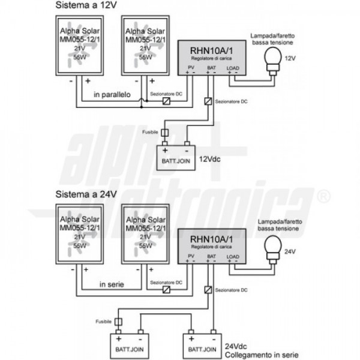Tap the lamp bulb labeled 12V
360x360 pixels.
pyautogui.click(x=274, y=58)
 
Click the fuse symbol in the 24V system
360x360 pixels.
pyautogui.click(x=118, y=321)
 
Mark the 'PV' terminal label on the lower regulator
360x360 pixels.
pyautogui.click(x=191, y=257)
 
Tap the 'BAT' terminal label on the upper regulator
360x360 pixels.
pyautogui.click(x=211, y=68)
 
